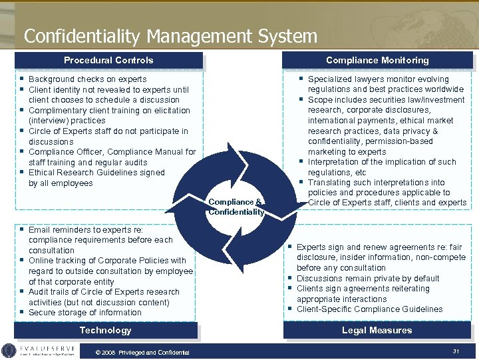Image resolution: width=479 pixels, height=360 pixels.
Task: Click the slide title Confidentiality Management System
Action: (170, 35)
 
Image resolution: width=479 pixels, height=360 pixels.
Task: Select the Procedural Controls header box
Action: (108, 61)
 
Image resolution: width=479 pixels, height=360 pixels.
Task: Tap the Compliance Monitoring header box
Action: (377, 61)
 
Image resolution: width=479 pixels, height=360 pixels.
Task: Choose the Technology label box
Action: (105, 331)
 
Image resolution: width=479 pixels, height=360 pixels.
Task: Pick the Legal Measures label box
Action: (377, 331)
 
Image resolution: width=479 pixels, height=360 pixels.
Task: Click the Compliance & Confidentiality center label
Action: (236, 207)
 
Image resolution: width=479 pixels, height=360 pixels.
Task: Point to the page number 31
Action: (456, 351)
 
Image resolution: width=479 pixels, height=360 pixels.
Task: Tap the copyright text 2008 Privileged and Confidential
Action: (142, 353)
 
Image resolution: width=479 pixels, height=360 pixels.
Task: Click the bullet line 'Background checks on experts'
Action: (87, 79)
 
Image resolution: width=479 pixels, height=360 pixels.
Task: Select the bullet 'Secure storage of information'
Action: (84, 313)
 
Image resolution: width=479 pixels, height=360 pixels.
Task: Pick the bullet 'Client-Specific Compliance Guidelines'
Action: (369, 309)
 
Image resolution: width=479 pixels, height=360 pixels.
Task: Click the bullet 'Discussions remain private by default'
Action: (368, 279)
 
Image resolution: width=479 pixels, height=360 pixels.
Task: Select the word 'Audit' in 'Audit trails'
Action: (39, 292)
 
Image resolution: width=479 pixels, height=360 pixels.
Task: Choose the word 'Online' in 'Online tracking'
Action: (41, 261)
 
